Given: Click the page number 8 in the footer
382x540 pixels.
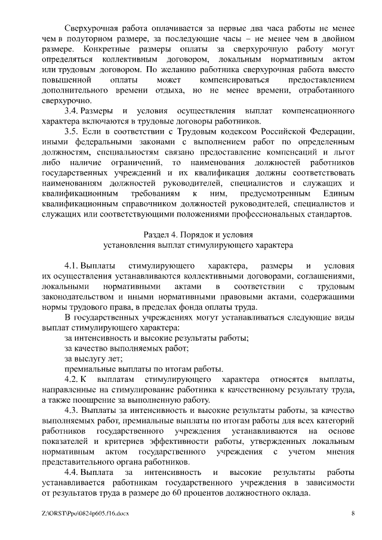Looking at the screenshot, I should coord(353,513).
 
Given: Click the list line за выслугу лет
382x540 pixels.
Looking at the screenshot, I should coord(93,359).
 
